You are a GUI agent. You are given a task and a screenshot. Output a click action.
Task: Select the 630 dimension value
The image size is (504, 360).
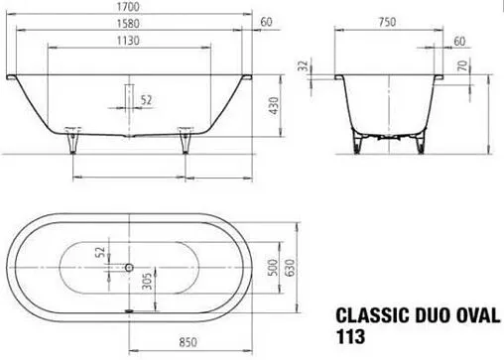[294, 266]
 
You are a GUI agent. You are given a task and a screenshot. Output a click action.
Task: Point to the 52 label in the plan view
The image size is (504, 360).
[100, 255]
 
